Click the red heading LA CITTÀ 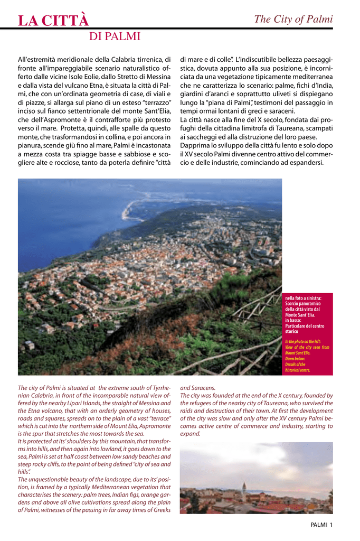click(x=53, y=21)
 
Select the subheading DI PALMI click(x=115, y=36)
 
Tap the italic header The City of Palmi click(x=293, y=20)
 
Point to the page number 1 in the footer click(x=331, y=525)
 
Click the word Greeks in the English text click(x=159, y=510)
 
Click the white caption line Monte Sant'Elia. click(x=300, y=315)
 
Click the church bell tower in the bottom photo click(x=243, y=492)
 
